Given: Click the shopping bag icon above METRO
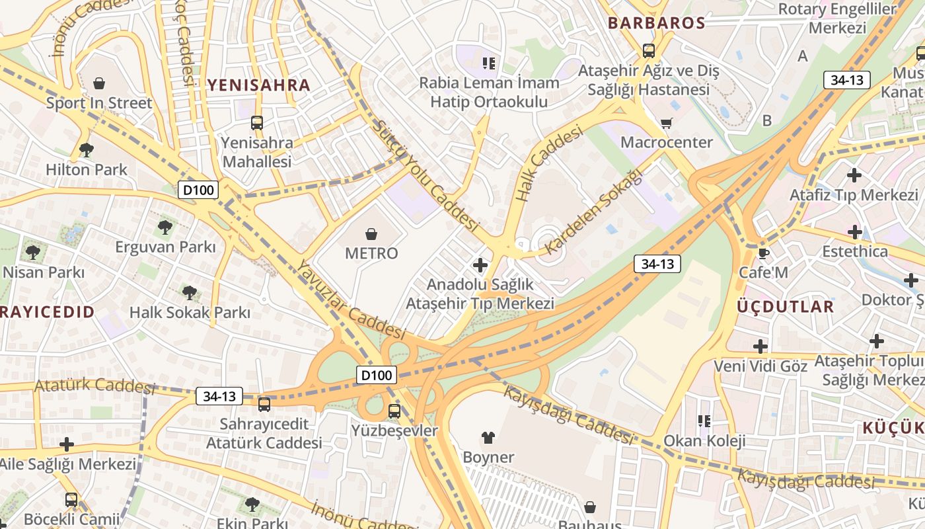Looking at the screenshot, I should coord(371,233).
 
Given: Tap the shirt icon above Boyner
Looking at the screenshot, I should coord(488,437).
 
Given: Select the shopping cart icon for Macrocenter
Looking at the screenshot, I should coord(667,123).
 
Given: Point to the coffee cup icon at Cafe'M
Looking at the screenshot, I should coord(763,253).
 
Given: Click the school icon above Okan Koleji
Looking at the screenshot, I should coord(704,421).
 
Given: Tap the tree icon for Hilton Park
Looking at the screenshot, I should coord(86,150).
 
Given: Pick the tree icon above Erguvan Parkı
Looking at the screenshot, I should coord(165,227).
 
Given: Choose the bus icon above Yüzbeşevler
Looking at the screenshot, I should coord(394,411).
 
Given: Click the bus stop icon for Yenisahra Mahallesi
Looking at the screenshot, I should coord(256,122).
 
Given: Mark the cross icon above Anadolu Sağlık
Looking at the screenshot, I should coord(480,265).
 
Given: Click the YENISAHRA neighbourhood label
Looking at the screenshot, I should coord(258,85).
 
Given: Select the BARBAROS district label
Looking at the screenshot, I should coord(656,23).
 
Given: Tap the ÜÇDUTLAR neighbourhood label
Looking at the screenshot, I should coord(785,307).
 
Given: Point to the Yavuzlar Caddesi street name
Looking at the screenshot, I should coord(350,300).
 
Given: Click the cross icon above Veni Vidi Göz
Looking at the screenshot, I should coord(760,346).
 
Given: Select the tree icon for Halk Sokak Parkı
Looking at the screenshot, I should coord(190,292).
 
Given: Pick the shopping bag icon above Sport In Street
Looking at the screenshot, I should coord(99,83).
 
